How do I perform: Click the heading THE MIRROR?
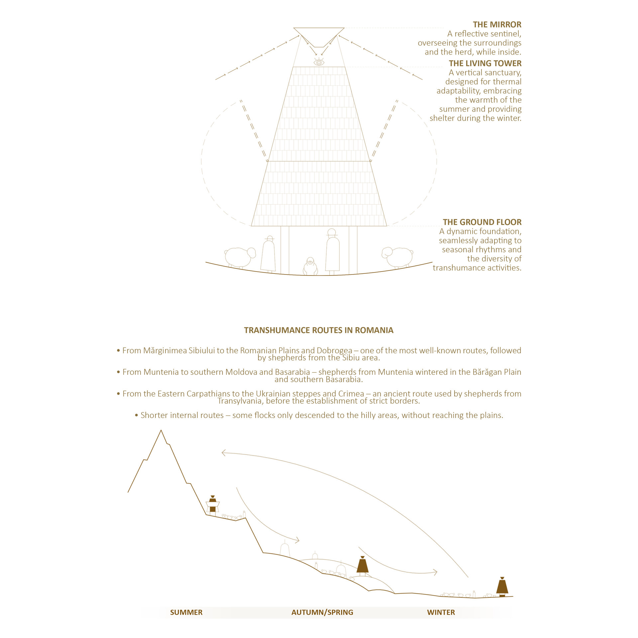[497, 25]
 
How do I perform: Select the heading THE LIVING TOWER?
[485, 63]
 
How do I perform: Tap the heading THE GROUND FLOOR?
[482, 222]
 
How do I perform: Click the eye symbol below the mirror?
[319, 62]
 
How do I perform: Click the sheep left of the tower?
[239, 257]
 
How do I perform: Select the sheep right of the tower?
[397, 257]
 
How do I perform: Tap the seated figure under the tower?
[310, 266]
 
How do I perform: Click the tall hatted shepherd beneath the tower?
[332, 252]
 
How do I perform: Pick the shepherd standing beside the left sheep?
[268, 254]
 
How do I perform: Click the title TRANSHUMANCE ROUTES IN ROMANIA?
[319, 330]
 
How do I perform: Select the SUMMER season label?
[186, 612]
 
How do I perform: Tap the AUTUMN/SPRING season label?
[322, 612]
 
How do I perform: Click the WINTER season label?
[441, 612]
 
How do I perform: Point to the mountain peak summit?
[161, 431]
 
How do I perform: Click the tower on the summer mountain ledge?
[213, 505]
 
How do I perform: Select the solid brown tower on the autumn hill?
[363, 566]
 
